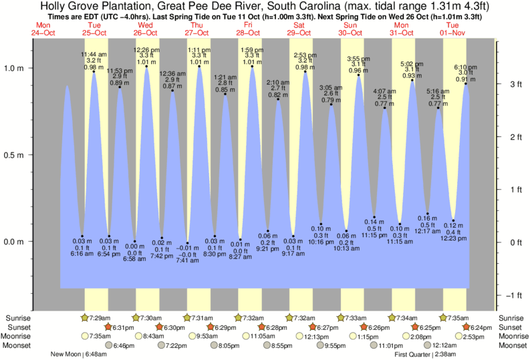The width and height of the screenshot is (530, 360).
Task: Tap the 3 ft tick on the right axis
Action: coord(512,85)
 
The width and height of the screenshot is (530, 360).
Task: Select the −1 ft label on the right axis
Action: coord(511,295)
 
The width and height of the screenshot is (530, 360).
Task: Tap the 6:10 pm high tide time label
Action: coord(465,67)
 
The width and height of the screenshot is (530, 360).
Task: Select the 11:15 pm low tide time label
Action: coord(374,235)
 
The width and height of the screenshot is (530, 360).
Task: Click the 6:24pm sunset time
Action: coord(481,327)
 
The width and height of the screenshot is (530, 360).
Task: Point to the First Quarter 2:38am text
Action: coord(426,354)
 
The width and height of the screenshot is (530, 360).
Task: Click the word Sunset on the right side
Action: coord(511,327)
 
